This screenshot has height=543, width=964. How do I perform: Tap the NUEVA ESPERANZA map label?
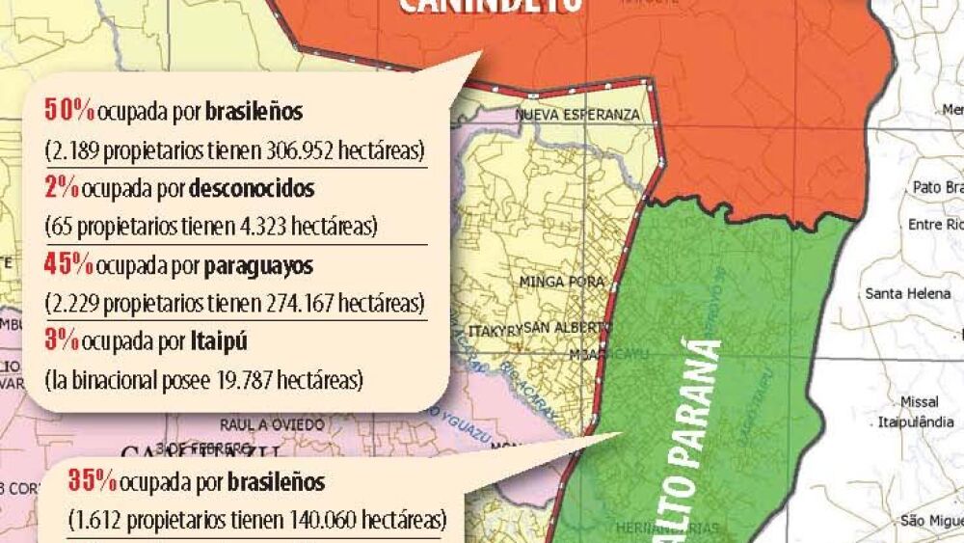click(577, 115)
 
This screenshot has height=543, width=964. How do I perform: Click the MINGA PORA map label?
click(561, 283)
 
